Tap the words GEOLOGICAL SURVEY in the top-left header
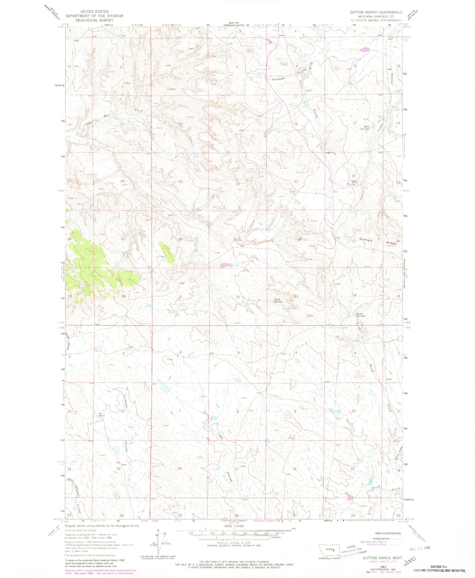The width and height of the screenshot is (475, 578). pyautogui.click(x=94, y=20)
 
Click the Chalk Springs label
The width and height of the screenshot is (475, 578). pyautogui.click(x=278, y=300)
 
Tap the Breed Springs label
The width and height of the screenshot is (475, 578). pyautogui.click(x=361, y=315)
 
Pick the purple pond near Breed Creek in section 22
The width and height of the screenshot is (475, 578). pyautogui.click(x=349, y=496)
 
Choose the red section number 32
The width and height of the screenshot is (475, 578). pyautogui.click(x=238, y=297)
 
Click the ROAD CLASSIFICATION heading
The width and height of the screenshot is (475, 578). pyautogui.click(x=388, y=533)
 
